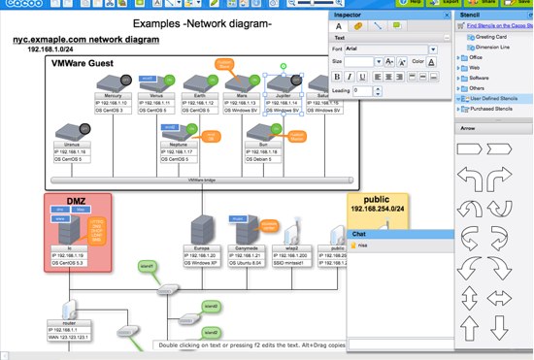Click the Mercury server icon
tap(114, 84)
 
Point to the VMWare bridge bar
tap(202, 180)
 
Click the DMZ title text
tap(78, 201)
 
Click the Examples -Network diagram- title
tap(202, 22)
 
